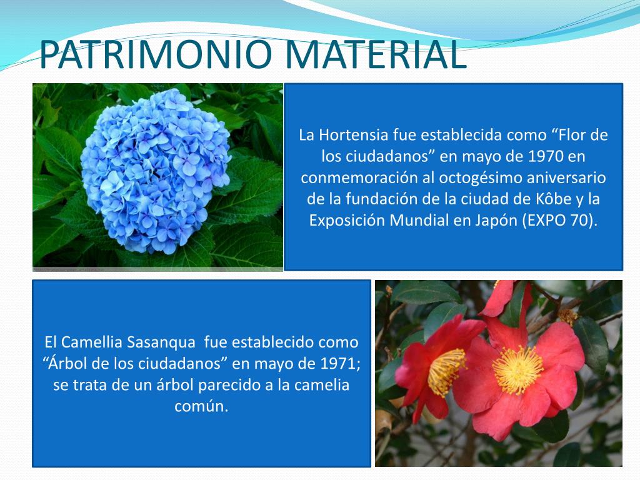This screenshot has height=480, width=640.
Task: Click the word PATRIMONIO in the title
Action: point(156,54)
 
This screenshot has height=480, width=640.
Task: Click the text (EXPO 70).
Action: point(559,221)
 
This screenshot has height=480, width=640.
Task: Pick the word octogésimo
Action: point(481,178)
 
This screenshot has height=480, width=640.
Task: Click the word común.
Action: point(201,406)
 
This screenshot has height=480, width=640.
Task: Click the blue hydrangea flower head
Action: point(155,171)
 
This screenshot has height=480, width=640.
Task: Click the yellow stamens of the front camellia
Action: point(517,370)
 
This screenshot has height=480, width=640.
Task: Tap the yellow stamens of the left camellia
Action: point(445,372)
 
